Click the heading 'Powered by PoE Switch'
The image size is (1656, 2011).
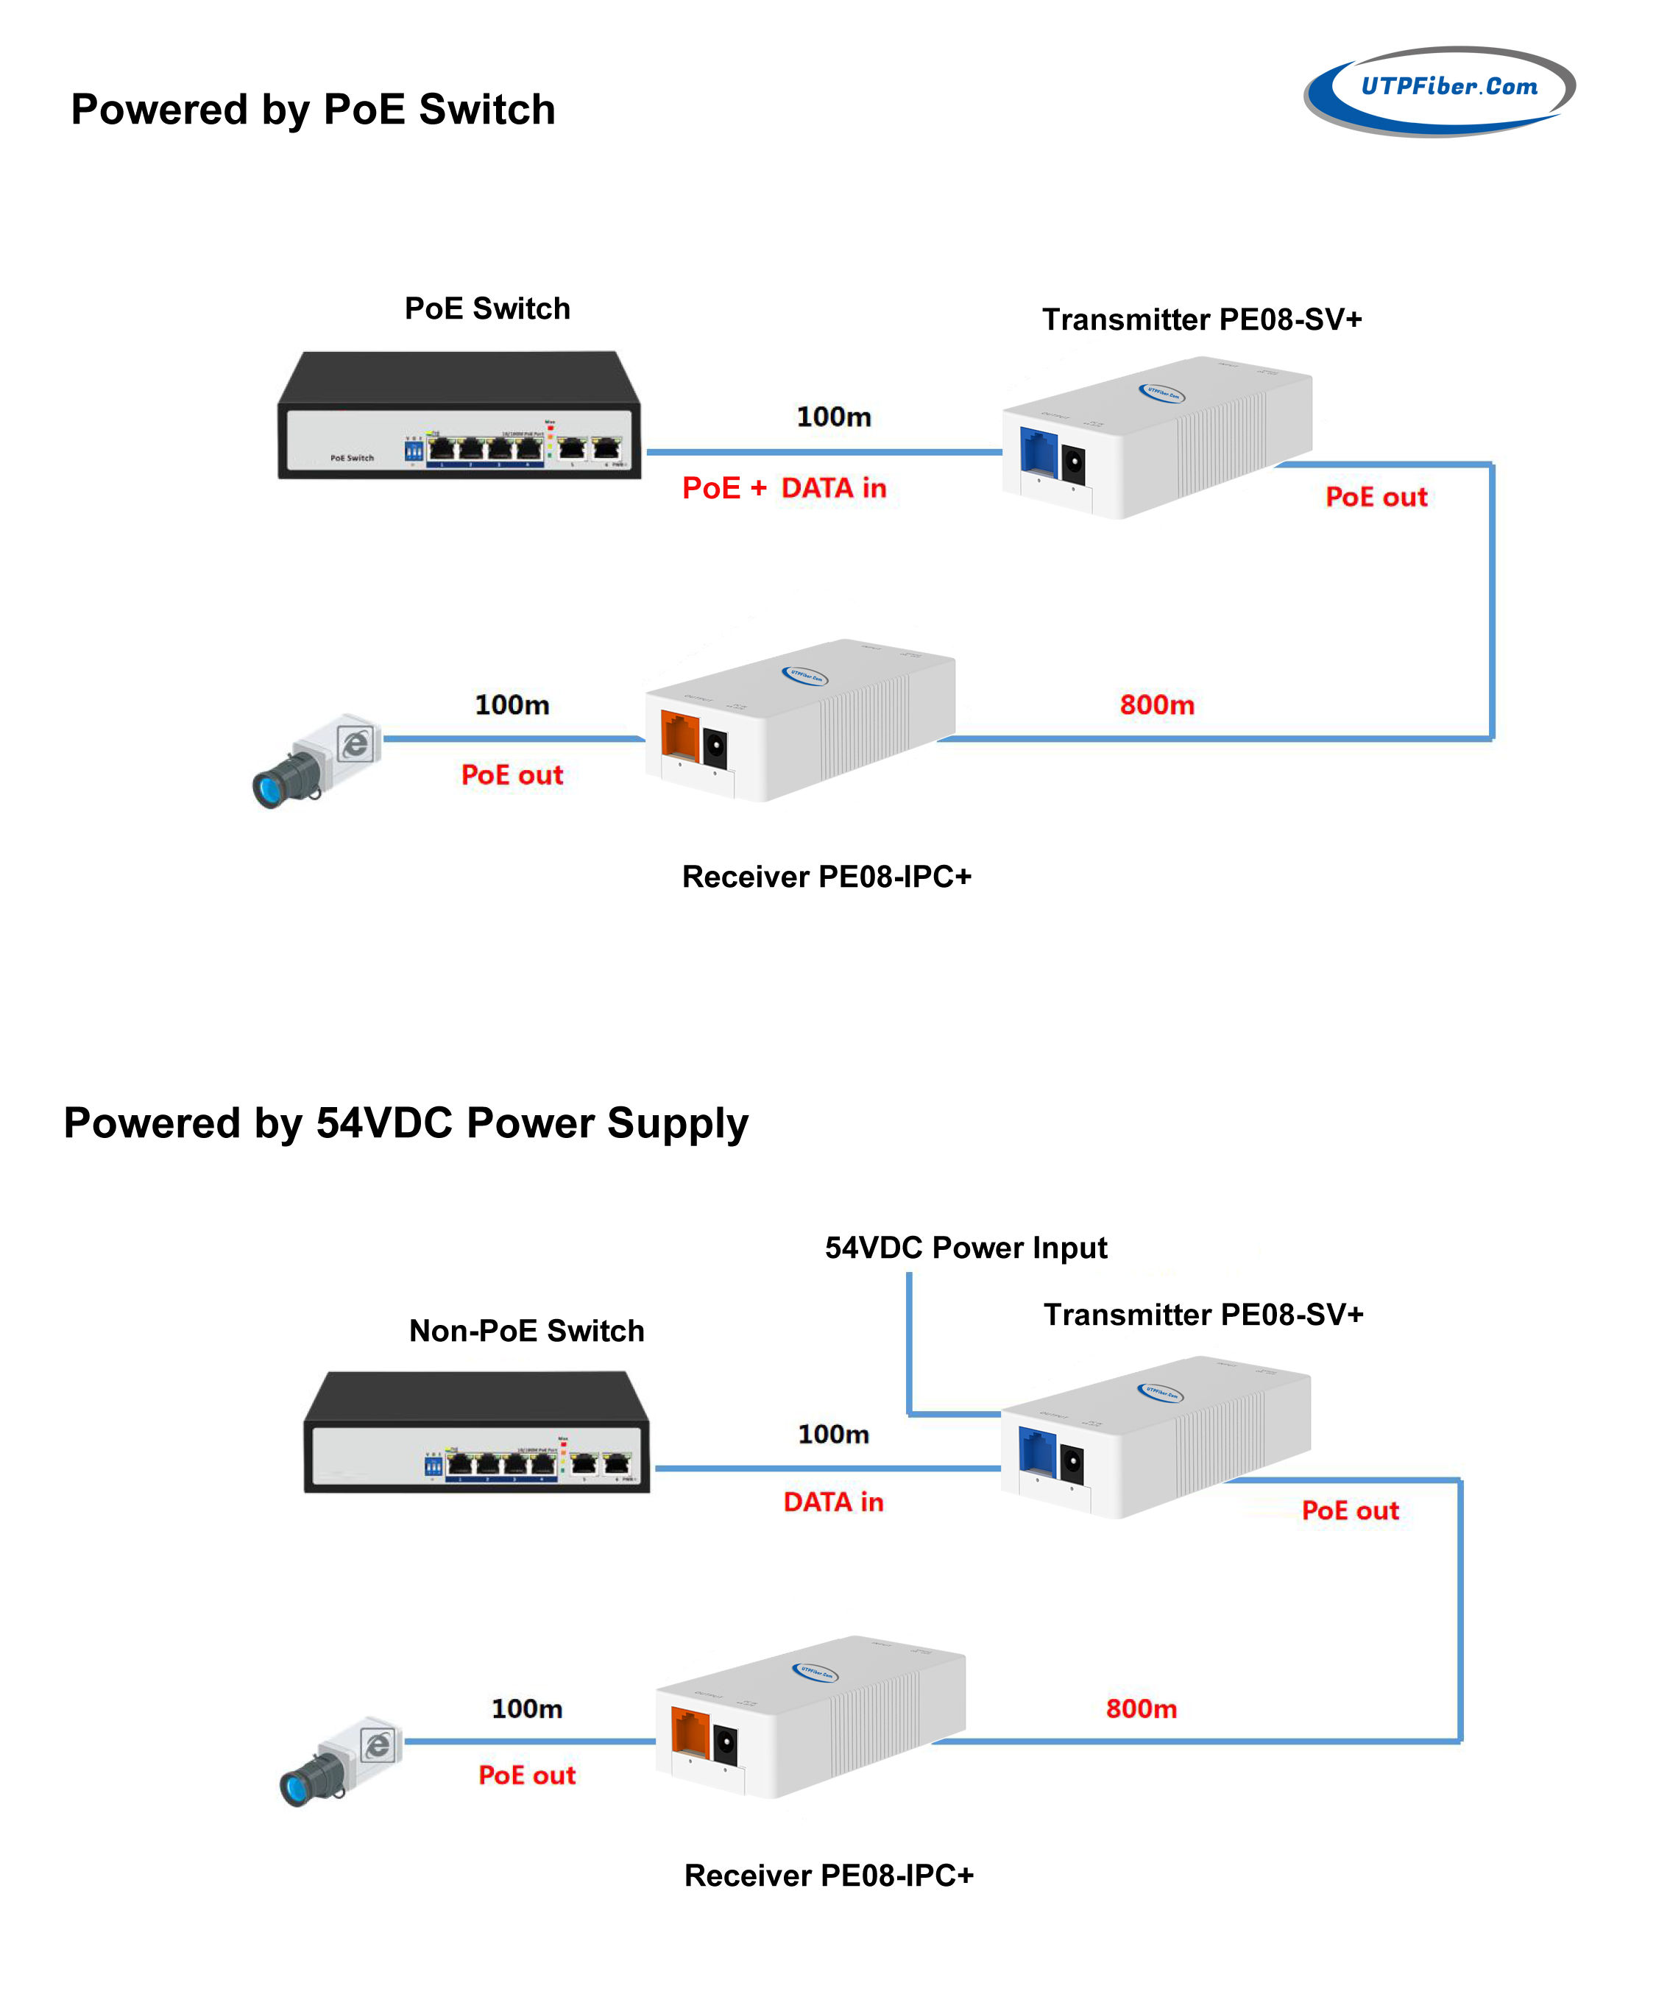tap(313, 110)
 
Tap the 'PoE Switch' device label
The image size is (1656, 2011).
tap(487, 308)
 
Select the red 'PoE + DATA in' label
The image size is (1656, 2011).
tap(784, 487)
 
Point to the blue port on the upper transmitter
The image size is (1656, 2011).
tap(1038, 450)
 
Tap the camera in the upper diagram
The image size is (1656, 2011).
tap(316, 760)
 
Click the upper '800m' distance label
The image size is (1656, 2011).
tap(1156, 705)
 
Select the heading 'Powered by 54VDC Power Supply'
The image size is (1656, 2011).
tap(406, 1123)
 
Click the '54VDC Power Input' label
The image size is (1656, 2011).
tap(966, 1248)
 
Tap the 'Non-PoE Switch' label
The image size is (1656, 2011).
tap(526, 1331)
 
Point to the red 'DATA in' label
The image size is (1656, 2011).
tap(832, 1502)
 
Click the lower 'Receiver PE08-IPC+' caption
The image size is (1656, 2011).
tap(829, 1876)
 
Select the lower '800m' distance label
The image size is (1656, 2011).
tap(1141, 1708)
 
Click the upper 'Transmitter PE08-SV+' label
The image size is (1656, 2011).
tap(1202, 319)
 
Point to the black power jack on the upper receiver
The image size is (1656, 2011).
tap(715, 748)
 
